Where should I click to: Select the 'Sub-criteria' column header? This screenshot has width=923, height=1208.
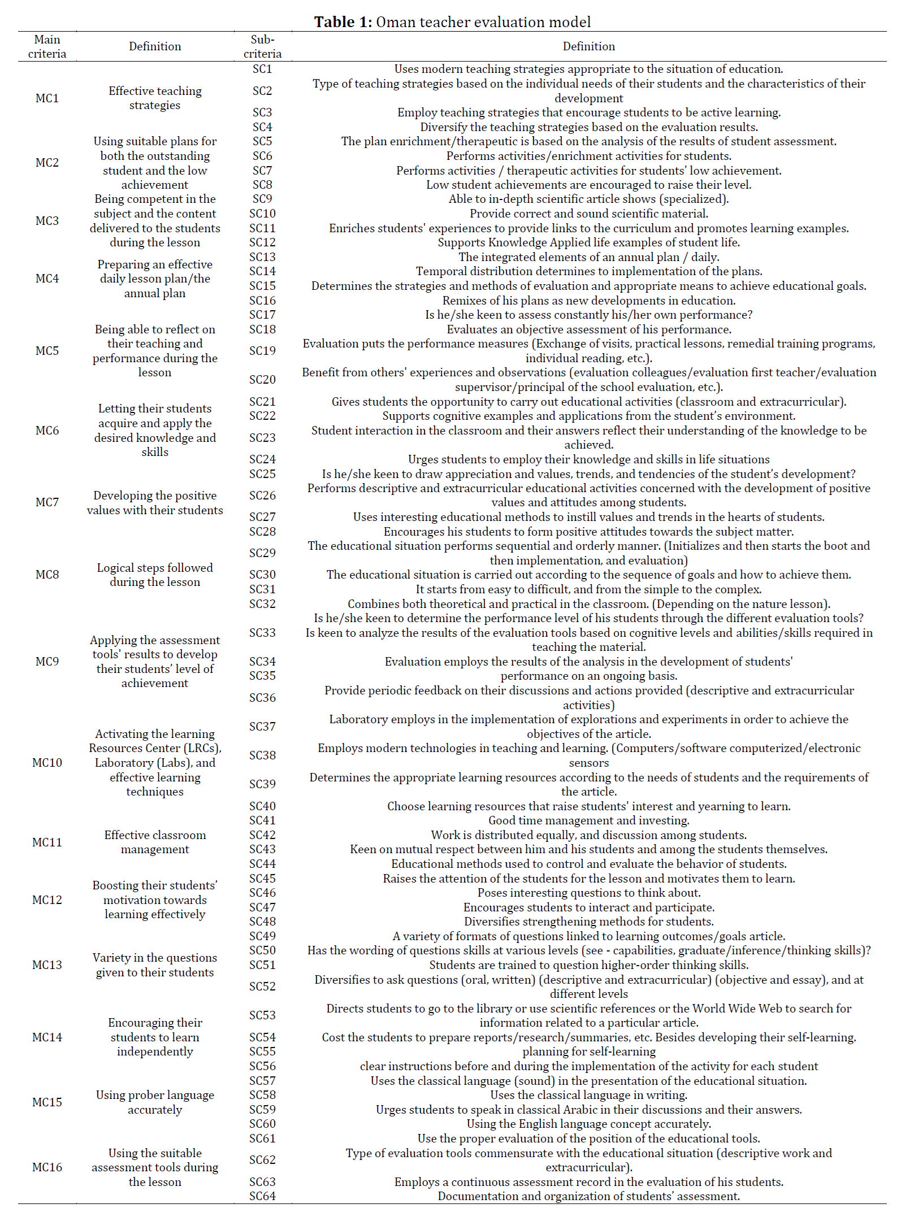pos(262,46)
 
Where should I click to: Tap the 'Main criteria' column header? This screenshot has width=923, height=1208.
pos(47,46)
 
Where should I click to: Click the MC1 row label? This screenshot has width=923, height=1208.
pos(47,98)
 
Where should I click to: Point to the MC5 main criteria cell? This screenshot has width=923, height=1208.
pos(47,351)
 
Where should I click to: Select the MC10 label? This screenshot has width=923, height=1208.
pos(47,763)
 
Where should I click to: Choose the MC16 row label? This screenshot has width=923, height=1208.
pos(47,1167)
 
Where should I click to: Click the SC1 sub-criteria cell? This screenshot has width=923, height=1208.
pos(262,69)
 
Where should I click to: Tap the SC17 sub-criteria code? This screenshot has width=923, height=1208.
pos(262,315)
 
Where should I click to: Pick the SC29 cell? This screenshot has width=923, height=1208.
pos(262,553)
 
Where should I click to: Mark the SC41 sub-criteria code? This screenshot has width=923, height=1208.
pos(262,820)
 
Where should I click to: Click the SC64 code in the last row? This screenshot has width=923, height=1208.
pos(262,1196)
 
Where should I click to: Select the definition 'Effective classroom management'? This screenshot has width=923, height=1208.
pos(155,842)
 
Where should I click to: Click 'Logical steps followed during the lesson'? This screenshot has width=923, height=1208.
pos(155,575)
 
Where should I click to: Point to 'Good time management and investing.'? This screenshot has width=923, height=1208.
pos(588,820)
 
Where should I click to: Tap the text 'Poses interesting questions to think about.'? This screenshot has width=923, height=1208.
pos(588,893)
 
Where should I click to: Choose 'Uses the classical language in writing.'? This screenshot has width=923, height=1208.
pos(588,1095)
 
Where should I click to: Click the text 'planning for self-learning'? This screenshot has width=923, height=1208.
pos(588,1051)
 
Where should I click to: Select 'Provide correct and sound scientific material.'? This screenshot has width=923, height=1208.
pos(588,214)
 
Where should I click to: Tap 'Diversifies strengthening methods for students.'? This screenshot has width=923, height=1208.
pos(588,922)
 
